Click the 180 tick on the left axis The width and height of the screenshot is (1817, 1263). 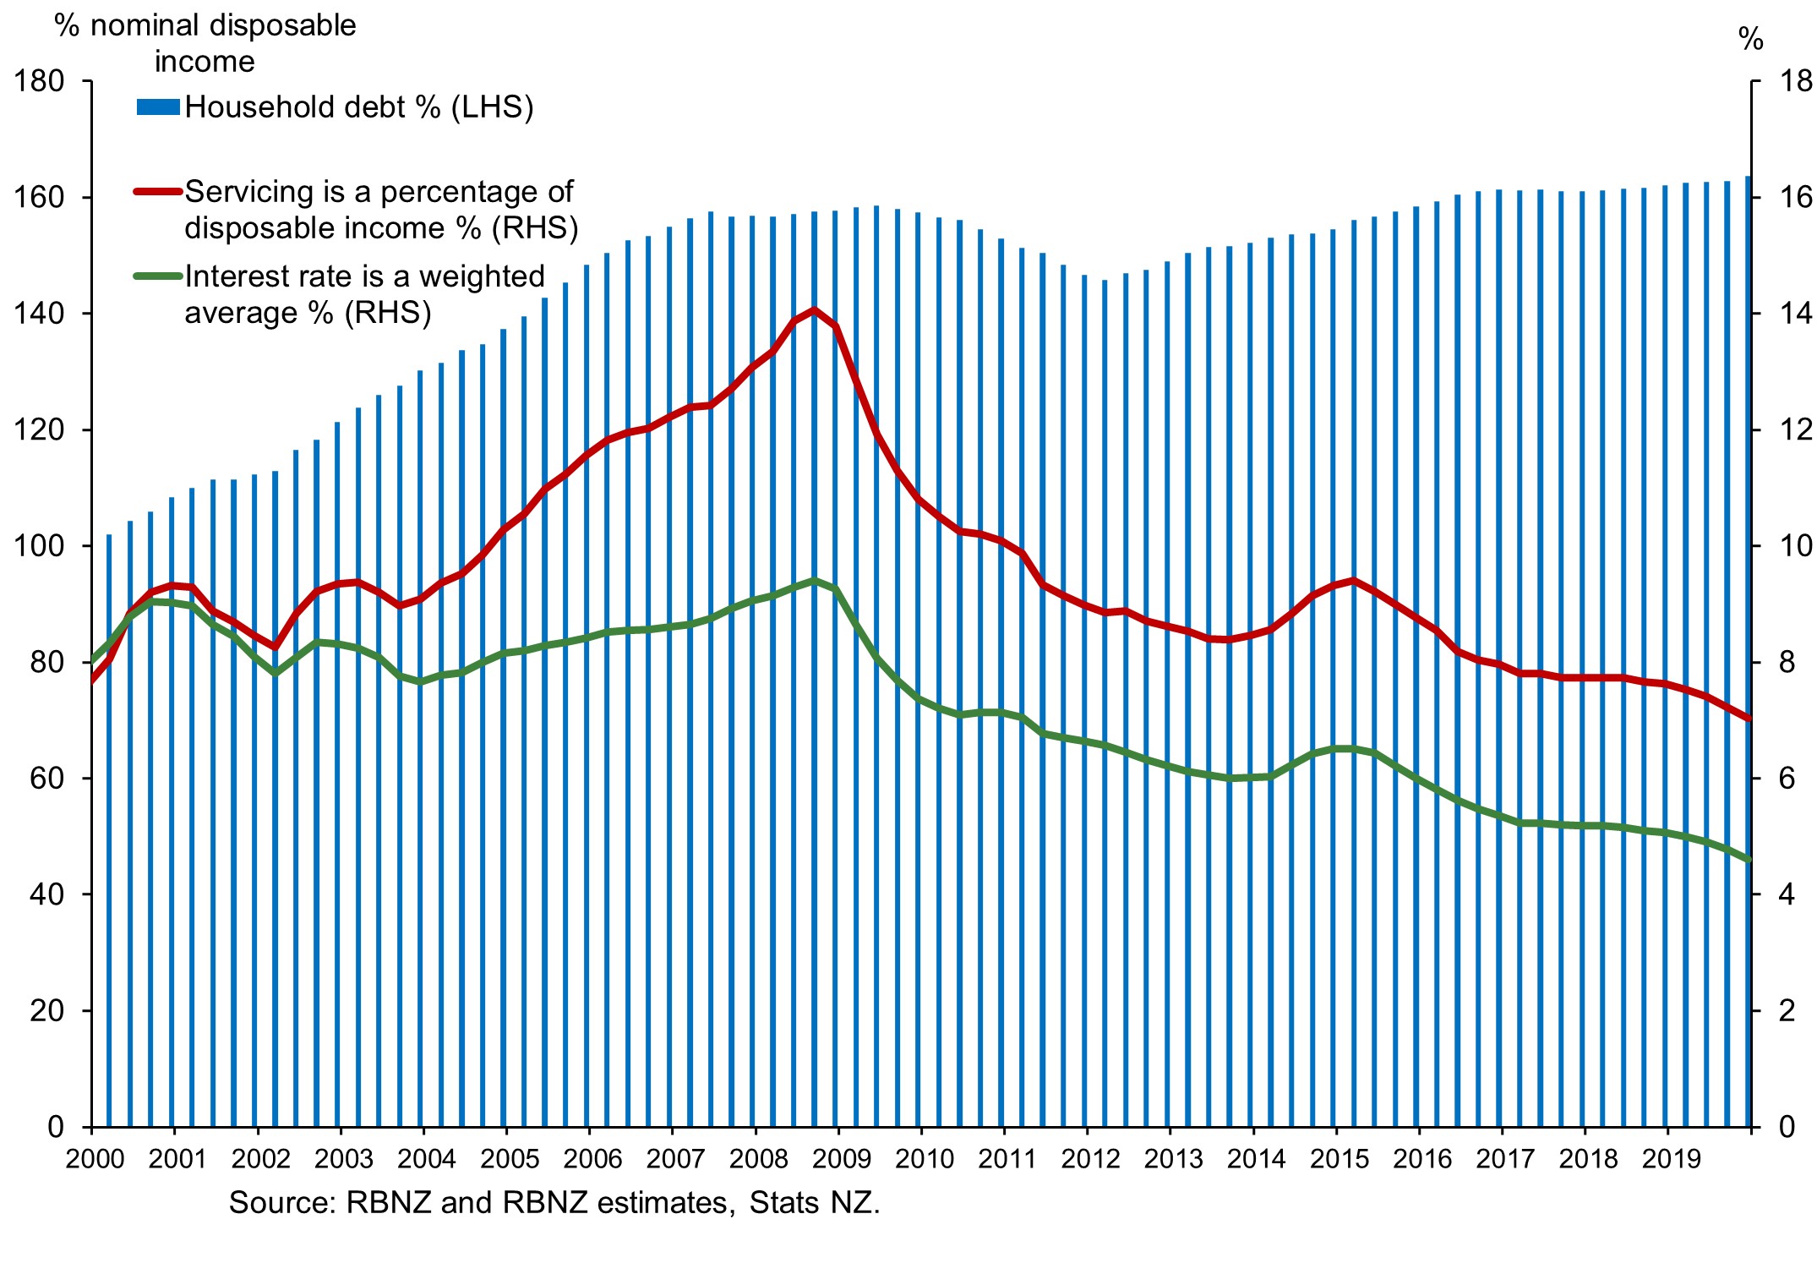coord(39,82)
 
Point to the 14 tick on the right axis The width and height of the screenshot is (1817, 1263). coord(1796,314)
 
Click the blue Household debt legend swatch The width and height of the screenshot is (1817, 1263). coord(158,107)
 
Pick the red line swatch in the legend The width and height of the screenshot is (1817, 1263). coord(158,192)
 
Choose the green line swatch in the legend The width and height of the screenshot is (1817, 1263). coord(158,276)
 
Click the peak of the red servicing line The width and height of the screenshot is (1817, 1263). coord(815,310)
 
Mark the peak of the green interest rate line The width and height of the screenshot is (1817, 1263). coord(815,581)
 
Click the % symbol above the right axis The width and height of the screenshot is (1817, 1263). coord(1750,39)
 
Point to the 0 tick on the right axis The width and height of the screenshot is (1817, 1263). coord(1787,1127)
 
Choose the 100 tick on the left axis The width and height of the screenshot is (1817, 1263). coord(39,546)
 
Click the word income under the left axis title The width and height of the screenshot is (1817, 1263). coord(205,62)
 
